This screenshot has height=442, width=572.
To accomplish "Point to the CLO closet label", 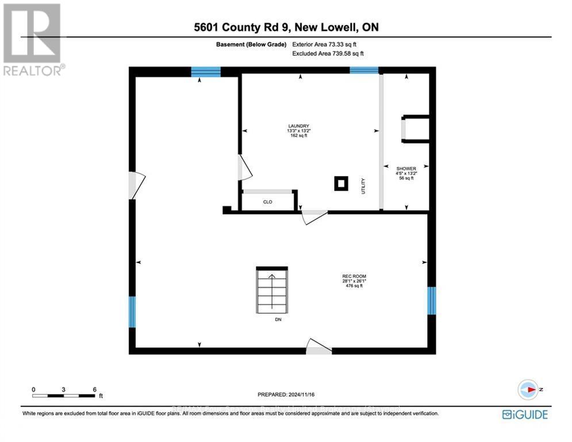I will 267,202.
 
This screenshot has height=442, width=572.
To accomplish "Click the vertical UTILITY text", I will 363,185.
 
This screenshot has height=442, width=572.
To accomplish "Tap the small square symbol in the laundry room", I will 341,184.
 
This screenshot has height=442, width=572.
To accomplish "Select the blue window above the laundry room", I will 364,70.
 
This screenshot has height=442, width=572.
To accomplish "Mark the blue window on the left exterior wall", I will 132,312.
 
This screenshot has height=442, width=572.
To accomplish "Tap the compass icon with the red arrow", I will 528,390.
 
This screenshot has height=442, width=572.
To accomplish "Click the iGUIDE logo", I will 525,414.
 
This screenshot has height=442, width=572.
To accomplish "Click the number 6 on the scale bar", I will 94,389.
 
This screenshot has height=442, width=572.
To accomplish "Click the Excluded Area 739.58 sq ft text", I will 328,53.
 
